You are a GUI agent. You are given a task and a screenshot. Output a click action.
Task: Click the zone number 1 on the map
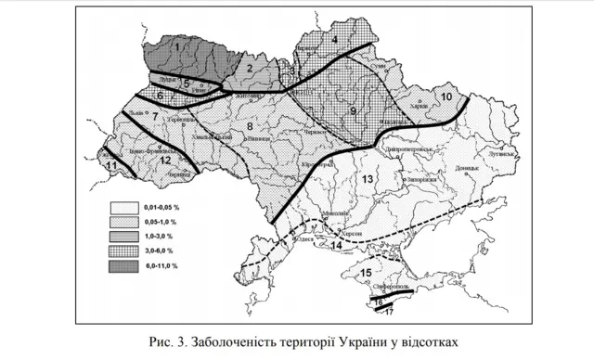point(175,45)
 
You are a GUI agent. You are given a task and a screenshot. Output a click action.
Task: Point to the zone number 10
point(446,96)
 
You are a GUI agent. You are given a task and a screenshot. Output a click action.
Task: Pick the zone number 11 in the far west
point(111,165)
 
